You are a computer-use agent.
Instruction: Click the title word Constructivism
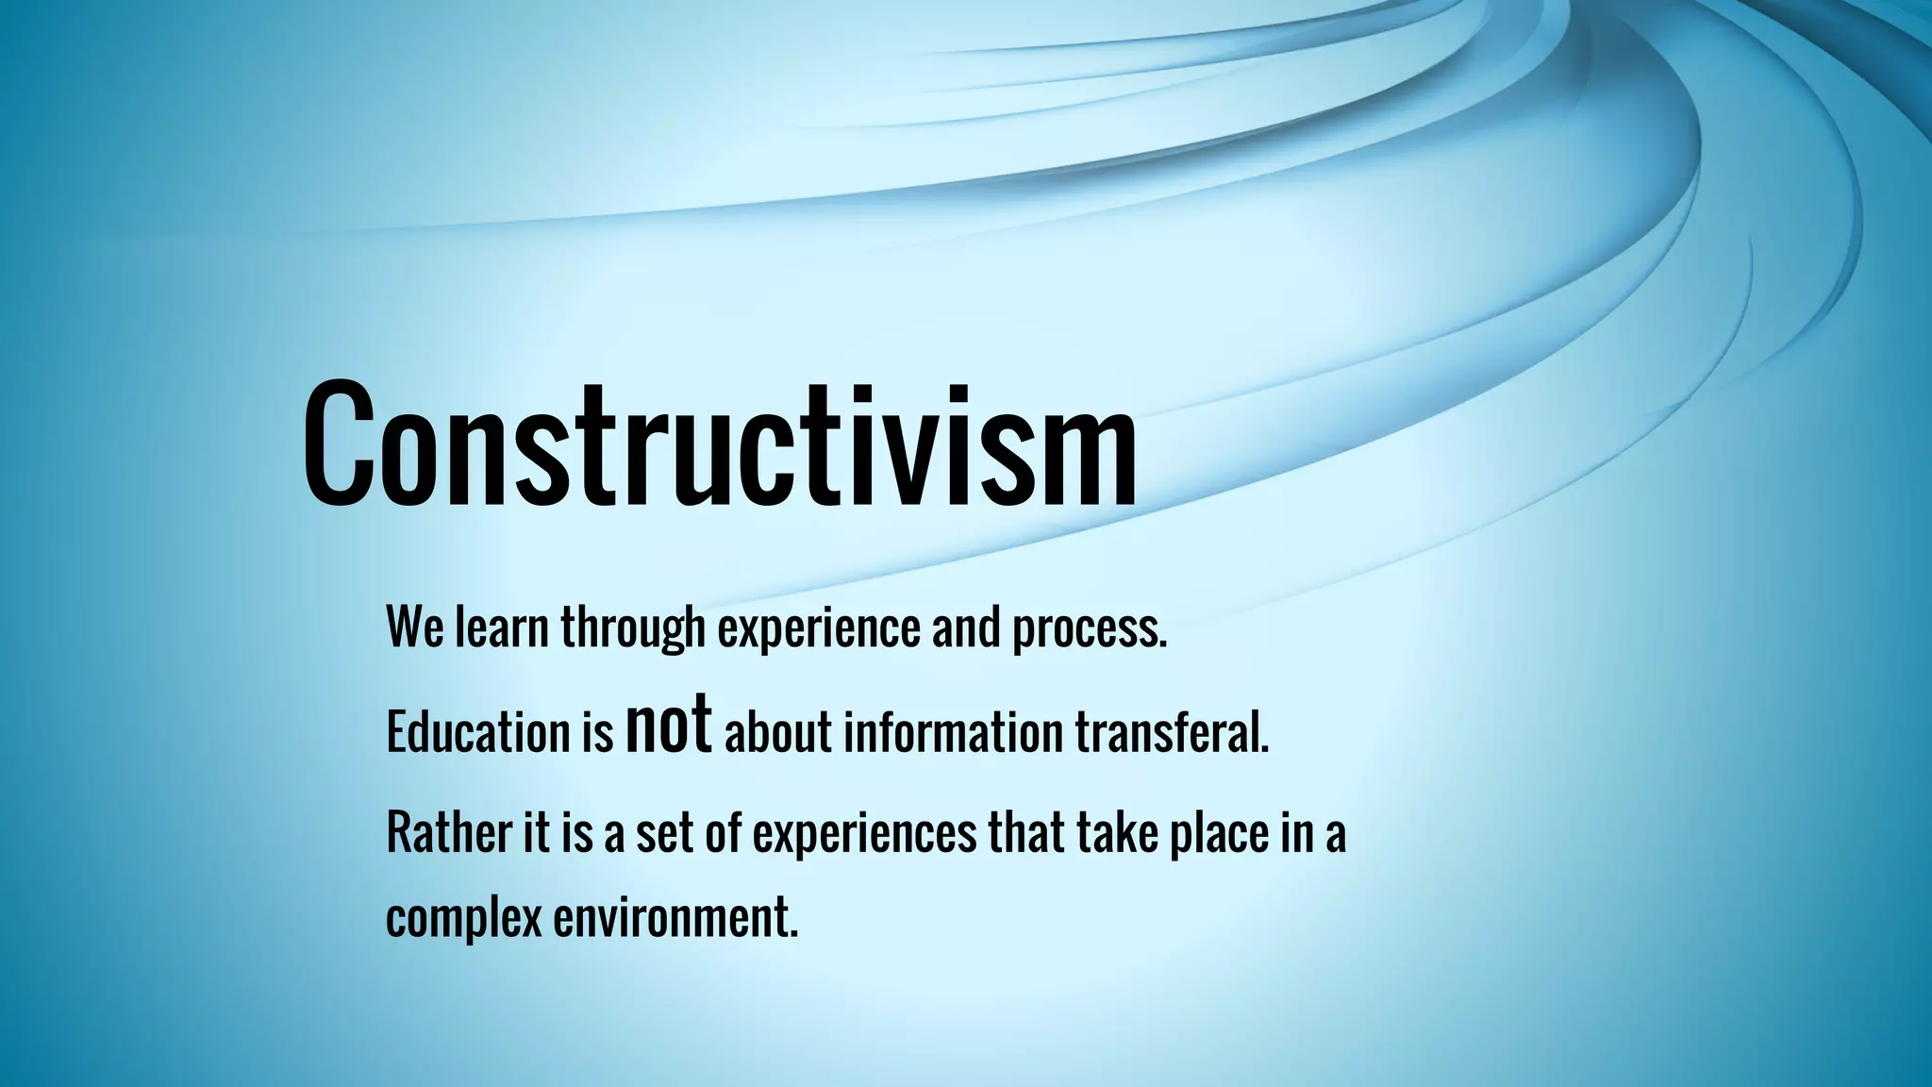click(720, 443)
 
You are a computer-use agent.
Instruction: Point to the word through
click(633, 628)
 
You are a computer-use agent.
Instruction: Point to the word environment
click(675, 917)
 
